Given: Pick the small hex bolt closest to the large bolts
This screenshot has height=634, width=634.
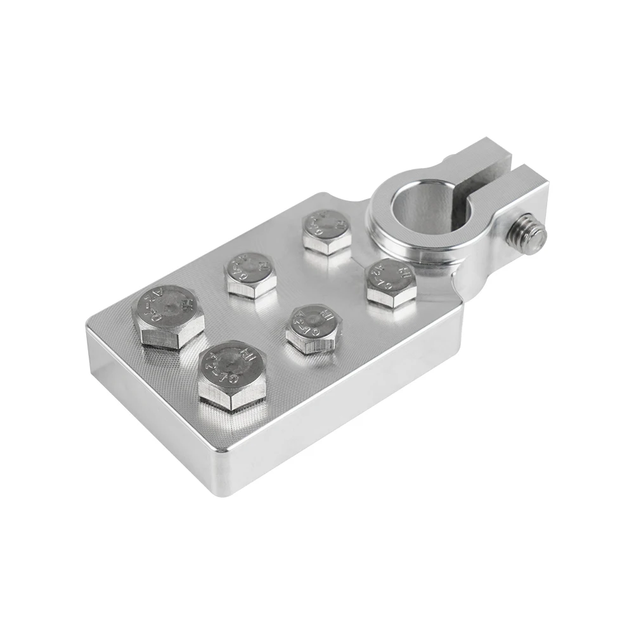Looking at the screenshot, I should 251,274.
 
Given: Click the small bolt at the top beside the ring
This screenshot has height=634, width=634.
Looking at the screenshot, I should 326,232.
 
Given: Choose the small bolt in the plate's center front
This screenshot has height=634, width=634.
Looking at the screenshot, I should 313,327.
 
